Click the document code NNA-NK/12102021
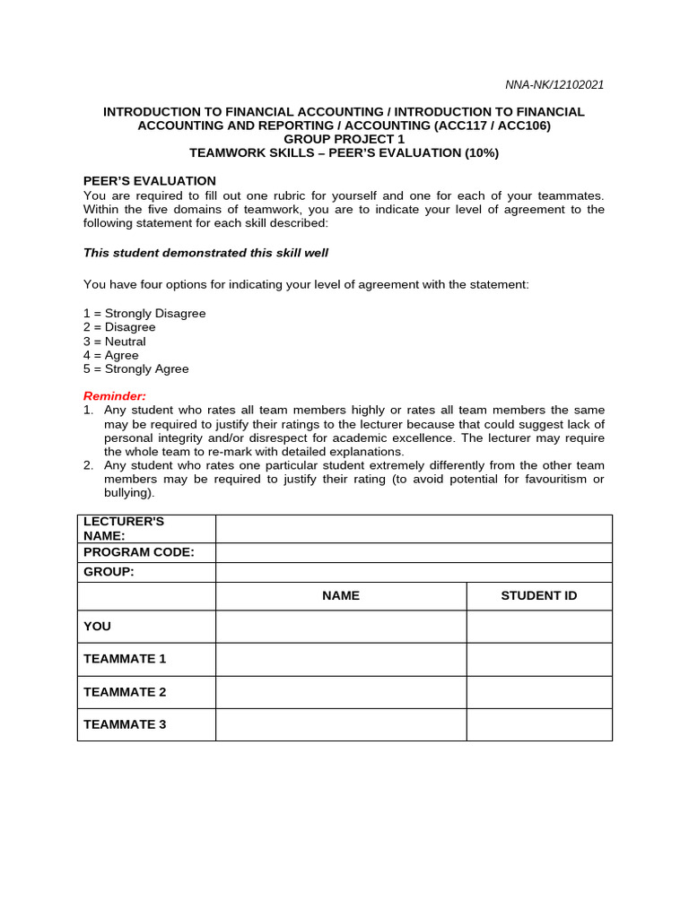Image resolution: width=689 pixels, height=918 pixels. [554, 85]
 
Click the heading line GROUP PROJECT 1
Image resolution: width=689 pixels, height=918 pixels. [344, 139]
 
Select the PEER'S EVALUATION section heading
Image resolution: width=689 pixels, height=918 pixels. [150, 181]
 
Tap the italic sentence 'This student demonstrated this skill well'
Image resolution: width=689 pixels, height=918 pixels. [205, 253]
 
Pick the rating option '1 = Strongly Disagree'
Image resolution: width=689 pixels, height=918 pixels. [144, 314]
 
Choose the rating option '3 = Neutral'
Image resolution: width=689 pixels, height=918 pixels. [114, 342]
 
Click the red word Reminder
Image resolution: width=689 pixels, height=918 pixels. [114, 395]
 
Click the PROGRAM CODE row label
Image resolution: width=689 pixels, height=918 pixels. [139, 552]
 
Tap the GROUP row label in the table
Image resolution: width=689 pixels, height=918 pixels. [109, 572]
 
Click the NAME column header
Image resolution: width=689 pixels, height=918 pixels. [341, 596]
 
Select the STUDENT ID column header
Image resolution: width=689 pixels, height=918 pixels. [538, 596]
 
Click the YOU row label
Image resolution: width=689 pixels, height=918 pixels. [98, 627]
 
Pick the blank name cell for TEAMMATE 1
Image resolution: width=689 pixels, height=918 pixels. [341, 659]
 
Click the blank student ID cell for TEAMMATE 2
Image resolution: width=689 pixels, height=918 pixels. [538, 692]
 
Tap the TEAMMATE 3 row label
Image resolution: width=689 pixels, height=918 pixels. [125, 724]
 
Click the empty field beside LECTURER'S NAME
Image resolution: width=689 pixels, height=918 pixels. [414, 529]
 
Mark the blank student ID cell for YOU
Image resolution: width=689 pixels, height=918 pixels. [538, 627]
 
